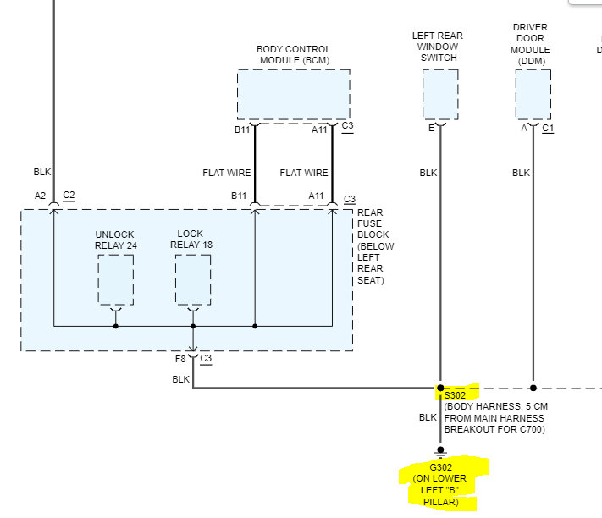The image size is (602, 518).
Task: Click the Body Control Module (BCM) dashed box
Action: (x=293, y=94)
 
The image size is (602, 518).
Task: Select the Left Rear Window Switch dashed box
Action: (x=439, y=94)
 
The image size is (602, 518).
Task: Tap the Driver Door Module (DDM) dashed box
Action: (x=533, y=94)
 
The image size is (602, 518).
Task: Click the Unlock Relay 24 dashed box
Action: (x=115, y=279)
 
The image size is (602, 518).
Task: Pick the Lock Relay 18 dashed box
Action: (x=192, y=279)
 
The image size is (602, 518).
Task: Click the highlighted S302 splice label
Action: (x=455, y=394)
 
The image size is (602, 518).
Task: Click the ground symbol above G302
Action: (x=439, y=451)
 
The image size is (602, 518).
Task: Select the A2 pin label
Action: (x=40, y=196)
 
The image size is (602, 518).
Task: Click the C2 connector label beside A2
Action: (x=69, y=196)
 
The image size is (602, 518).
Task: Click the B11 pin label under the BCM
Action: (x=242, y=129)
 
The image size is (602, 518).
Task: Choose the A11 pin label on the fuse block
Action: (x=317, y=196)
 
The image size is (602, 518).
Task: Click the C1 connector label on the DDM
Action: (x=548, y=129)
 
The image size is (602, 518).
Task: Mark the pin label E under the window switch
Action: (x=432, y=129)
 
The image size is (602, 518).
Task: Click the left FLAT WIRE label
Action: (x=227, y=173)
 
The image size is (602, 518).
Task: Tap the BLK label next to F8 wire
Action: (x=181, y=379)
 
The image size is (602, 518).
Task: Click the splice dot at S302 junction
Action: (x=439, y=388)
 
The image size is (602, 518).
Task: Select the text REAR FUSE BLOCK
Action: (x=373, y=223)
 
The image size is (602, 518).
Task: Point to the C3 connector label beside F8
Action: (x=206, y=359)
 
